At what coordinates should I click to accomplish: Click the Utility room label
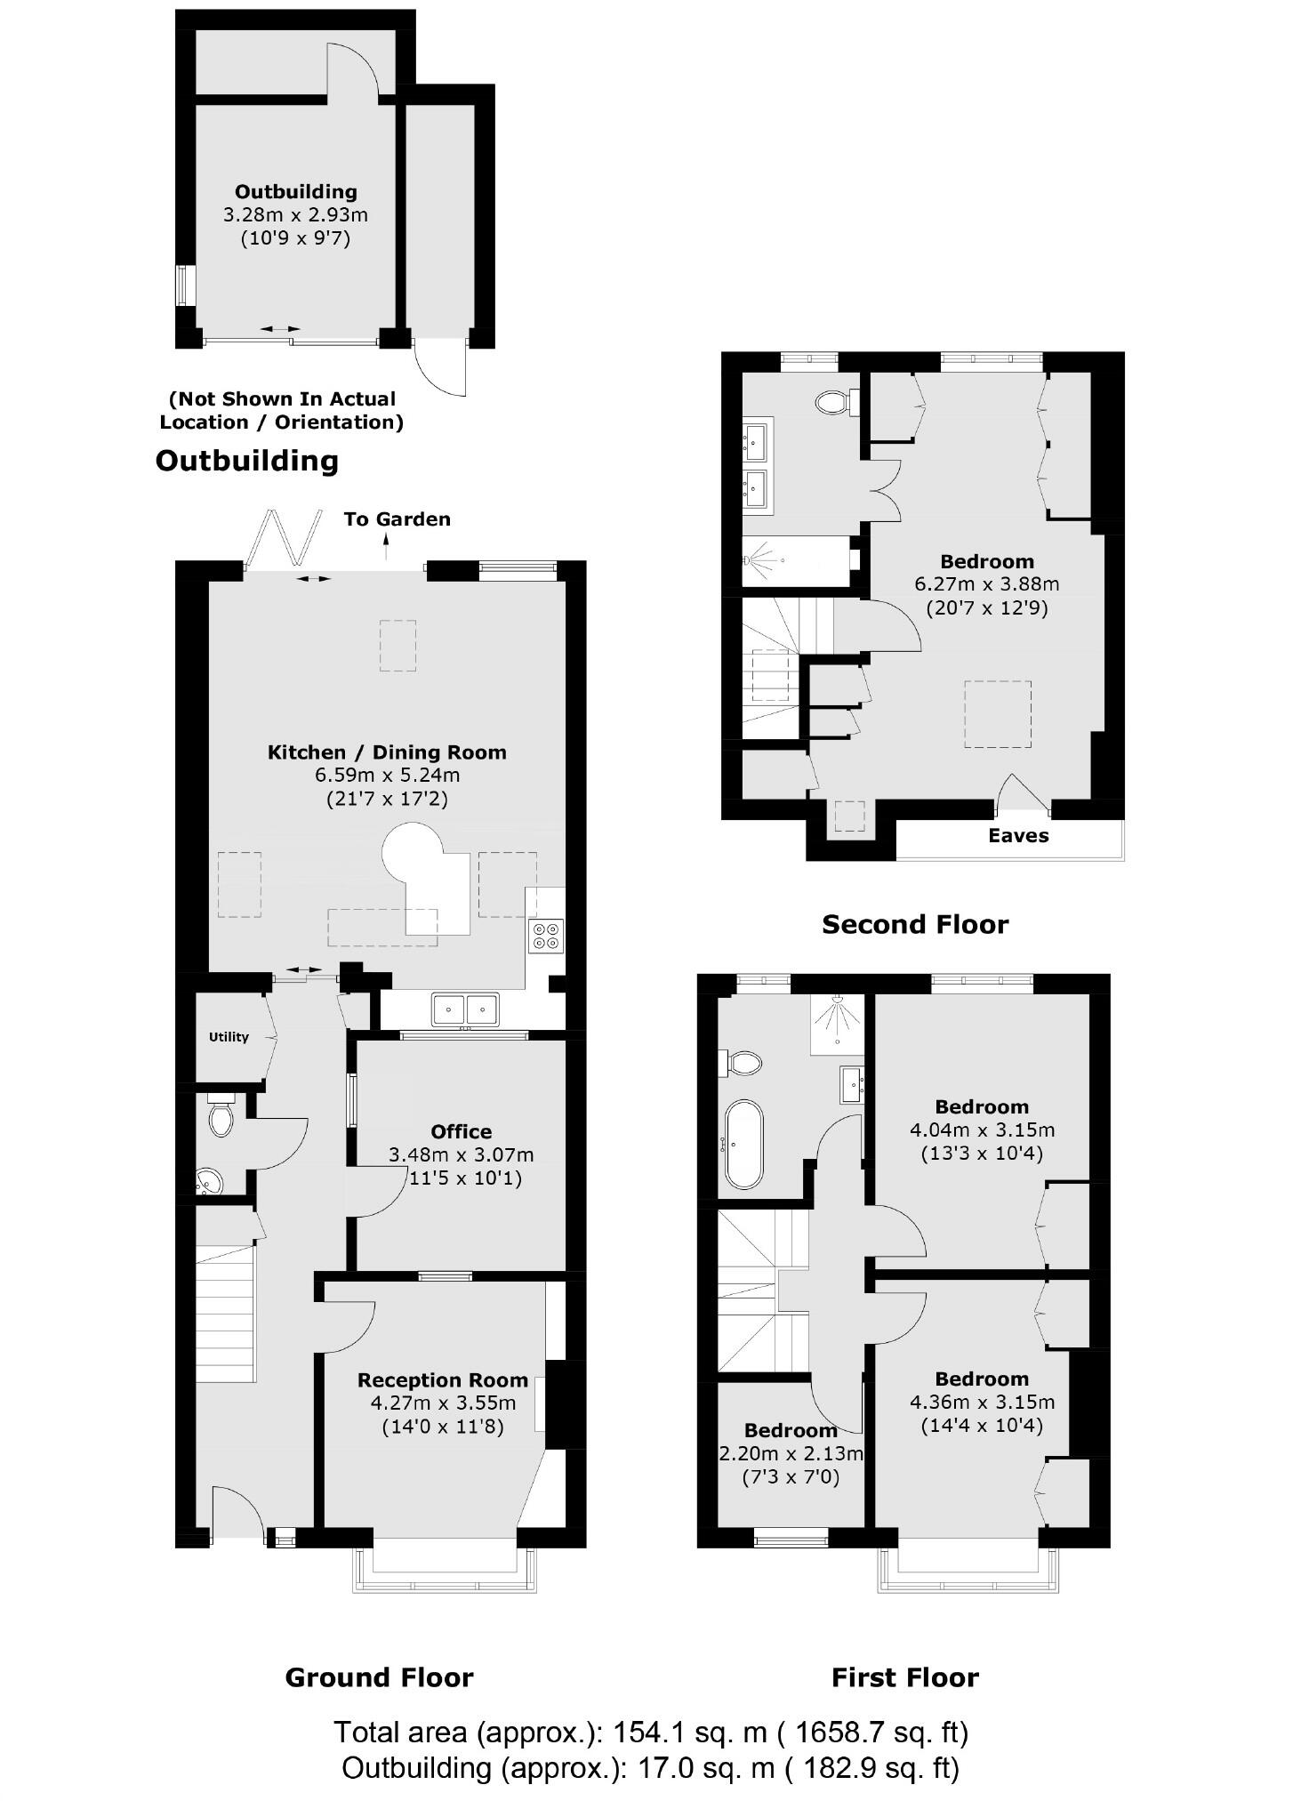pyautogui.click(x=229, y=1037)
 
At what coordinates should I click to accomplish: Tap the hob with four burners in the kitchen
pyautogui.click(x=546, y=936)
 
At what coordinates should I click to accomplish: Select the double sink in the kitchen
pyautogui.click(x=465, y=1009)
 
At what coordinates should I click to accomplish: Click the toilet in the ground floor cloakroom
pyautogui.click(x=221, y=1119)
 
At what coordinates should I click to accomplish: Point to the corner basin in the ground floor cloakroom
pyautogui.click(x=209, y=1182)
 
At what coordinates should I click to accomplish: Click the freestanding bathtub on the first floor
pyautogui.click(x=743, y=1145)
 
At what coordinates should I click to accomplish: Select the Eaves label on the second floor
pyautogui.click(x=1018, y=836)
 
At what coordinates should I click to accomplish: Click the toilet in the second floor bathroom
pyautogui.click(x=832, y=403)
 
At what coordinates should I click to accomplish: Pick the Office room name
pyautogui.click(x=461, y=1131)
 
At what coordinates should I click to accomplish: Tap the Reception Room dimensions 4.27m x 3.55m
pyautogui.click(x=443, y=1403)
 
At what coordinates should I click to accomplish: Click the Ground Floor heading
pyautogui.click(x=379, y=1677)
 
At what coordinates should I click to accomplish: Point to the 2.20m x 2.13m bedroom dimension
pyautogui.click(x=791, y=1454)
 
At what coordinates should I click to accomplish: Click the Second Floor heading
pyautogui.click(x=915, y=924)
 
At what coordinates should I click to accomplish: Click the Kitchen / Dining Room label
pyautogui.click(x=387, y=752)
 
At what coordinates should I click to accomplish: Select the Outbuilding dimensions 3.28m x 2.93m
pyautogui.click(x=295, y=214)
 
